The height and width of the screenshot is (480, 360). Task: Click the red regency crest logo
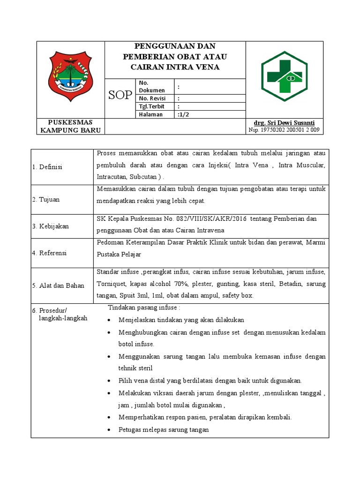click(x=71, y=73)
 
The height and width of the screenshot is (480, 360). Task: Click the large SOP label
click(x=120, y=96)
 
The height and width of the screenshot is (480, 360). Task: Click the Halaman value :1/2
click(x=184, y=114)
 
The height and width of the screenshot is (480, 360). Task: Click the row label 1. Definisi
click(x=47, y=167)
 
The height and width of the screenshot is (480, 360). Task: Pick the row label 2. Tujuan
click(x=46, y=199)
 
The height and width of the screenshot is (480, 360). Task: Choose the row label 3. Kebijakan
click(x=51, y=226)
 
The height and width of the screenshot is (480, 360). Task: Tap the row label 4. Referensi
click(x=50, y=253)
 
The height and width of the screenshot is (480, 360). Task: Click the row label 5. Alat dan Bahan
click(x=58, y=285)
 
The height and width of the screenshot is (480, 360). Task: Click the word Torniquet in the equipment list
click(x=112, y=284)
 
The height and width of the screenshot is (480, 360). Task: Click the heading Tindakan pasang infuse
click(x=144, y=307)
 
